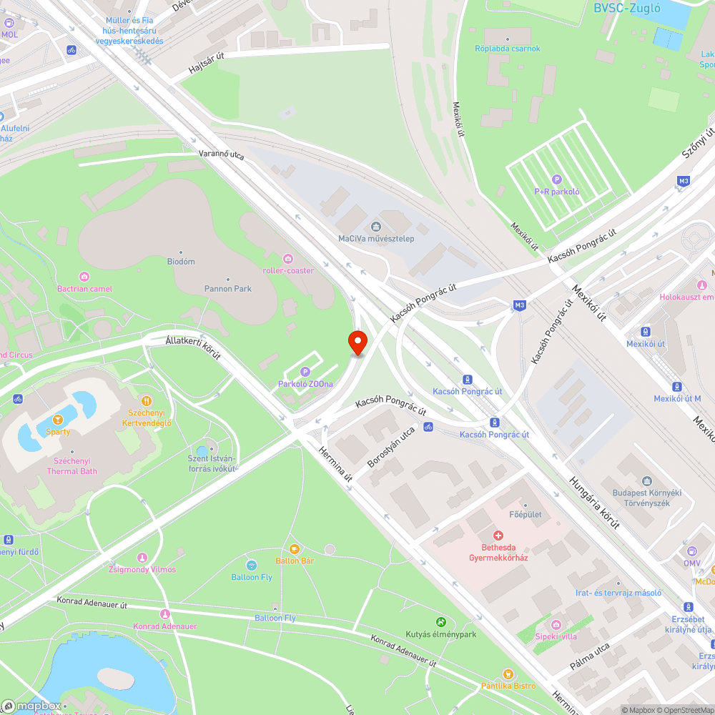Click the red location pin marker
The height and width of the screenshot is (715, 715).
coord(357,342)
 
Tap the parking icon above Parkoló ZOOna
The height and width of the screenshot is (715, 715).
coord(305,371)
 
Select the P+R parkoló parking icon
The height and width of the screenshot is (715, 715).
coord(557,179)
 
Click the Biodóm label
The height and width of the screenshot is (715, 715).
coord(181,262)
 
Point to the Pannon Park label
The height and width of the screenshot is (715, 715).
coord(228,289)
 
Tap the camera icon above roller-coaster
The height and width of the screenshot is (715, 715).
coord(288,258)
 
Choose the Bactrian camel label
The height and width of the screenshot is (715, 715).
coord(84,289)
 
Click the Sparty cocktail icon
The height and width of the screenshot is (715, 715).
coord(58,419)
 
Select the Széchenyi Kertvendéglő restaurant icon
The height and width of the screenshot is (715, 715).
coord(146,401)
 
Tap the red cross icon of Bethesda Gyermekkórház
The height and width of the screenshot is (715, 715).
coord(498,536)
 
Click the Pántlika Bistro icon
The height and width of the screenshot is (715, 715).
coord(508,674)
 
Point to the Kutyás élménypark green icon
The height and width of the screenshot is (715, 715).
coord(441,622)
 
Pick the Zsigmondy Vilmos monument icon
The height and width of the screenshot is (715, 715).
coord(142,557)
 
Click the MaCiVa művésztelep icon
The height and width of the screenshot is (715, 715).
coord(376,227)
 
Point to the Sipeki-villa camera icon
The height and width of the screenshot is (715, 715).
coord(556,624)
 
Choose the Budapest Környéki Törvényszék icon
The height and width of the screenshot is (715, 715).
coord(647,481)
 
